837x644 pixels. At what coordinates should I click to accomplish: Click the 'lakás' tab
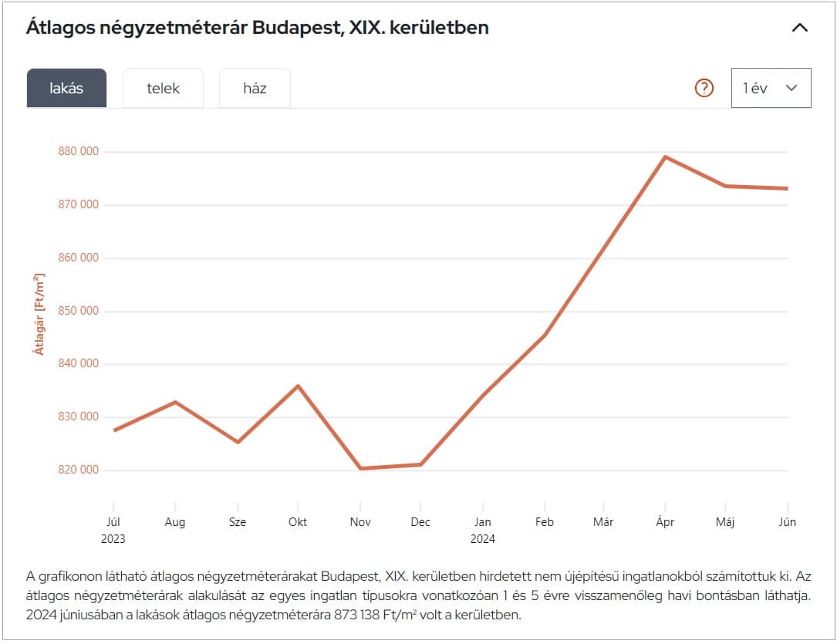(66, 88)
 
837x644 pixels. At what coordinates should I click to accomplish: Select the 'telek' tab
(163, 88)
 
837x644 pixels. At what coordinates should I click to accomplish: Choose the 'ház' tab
(255, 88)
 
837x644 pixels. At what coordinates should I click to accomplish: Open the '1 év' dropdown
(771, 88)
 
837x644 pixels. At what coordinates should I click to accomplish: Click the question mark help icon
(704, 88)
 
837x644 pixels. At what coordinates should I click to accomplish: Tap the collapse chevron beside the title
(800, 28)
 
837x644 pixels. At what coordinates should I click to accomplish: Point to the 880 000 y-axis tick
(79, 151)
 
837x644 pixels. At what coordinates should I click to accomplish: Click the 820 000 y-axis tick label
(79, 470)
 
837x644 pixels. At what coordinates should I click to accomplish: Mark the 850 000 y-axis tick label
(79, 311)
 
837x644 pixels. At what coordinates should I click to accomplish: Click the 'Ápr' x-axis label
(665, 522)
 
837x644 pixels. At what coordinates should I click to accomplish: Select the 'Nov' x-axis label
(360, 522)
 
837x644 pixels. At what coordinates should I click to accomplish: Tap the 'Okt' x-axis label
(298, 522)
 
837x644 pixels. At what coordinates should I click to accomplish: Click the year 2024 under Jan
(483, 539)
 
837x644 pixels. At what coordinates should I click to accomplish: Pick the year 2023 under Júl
(113, 539)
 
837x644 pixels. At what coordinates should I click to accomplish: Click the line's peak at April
(665, 157)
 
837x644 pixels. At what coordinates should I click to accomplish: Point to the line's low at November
(360, 468)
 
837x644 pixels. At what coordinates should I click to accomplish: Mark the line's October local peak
(298, 386)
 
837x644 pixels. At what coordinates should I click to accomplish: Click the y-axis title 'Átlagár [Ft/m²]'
(39, 314)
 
